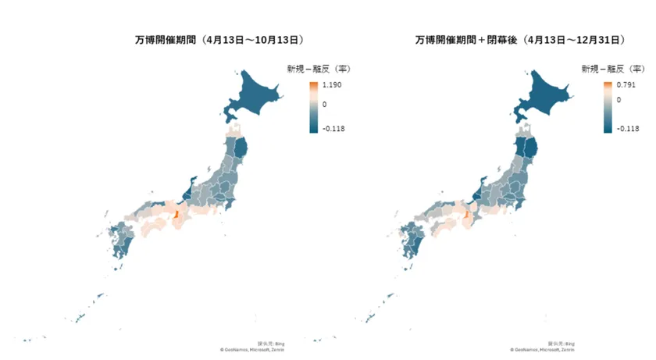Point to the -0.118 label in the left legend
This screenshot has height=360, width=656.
(335, 129)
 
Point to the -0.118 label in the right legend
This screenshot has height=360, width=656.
(628, 129)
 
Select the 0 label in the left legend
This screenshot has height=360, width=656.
(324, 103)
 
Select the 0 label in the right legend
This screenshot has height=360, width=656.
(619, 99)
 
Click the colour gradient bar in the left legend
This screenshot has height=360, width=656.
(312, 106)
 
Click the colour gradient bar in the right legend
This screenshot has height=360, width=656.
(608, 106)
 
